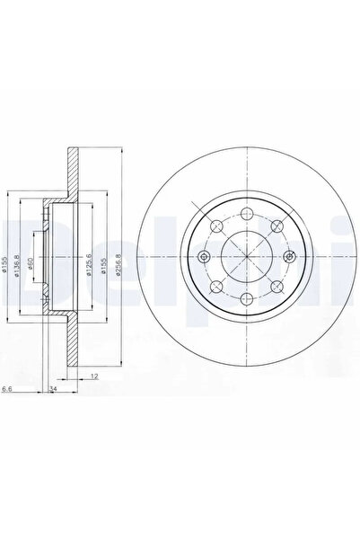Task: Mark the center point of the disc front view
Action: tap(246, 258)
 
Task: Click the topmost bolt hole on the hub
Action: tap(246, 217)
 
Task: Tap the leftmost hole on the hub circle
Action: tap(205, 258)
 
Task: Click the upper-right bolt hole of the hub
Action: tap(277, 228)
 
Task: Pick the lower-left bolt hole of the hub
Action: tap(216, 288)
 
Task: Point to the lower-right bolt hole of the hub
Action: tap(277, 288)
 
